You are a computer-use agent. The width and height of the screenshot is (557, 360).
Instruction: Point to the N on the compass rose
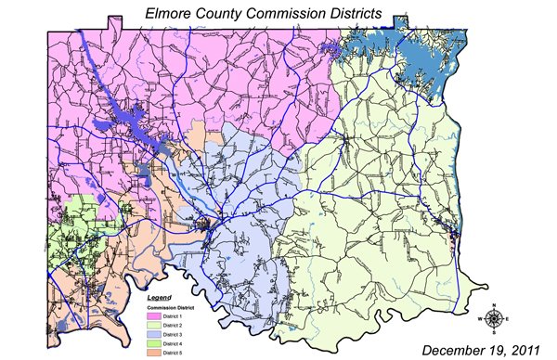[x=495, y=305]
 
